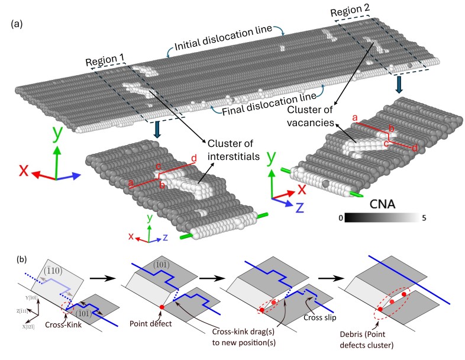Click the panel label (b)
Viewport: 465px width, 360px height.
18,258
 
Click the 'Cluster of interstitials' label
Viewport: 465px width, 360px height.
232,149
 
